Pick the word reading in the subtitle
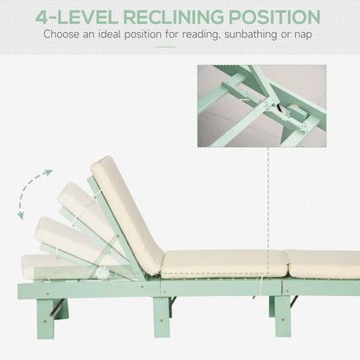tap(193, 36)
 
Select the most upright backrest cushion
tap(126, 211)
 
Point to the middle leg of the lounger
tap(161, 315)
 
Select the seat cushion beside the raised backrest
tap(223, 263)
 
